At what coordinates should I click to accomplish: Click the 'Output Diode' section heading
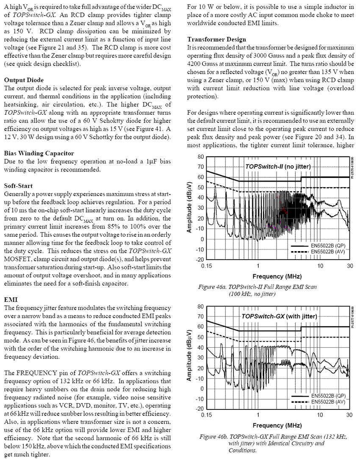24,80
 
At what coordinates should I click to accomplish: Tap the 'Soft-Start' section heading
18,186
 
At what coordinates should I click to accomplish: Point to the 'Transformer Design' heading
216,39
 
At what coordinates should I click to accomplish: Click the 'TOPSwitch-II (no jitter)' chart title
277,166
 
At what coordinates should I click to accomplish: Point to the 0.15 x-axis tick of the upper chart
207,265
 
